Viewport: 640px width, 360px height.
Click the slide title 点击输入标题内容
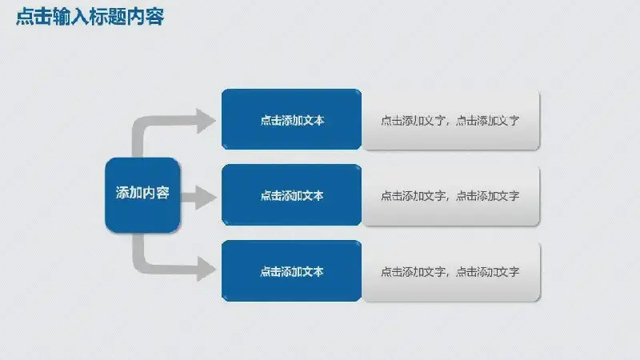click(x=90, y=17)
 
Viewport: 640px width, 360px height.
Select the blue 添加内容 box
click(x=142, y=195)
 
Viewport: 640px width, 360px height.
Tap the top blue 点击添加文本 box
click(x=291, y=119)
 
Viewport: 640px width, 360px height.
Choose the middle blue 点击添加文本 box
click(x=291, y=194)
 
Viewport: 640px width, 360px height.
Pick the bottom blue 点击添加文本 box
click(x=291, y=271)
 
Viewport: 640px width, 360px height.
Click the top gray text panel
click(x=450, y=120)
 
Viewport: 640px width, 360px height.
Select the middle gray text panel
click(x=450, y=195)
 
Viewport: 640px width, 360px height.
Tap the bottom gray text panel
click(x=450, y=272)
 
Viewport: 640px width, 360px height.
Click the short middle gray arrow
click(x=198, y=198)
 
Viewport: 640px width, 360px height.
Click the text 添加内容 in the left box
click(x=142, y=193)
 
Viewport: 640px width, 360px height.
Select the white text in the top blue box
click(x=292, y=121)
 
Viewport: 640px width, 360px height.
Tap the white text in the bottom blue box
click(x=292, y=272)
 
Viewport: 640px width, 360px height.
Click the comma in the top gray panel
click(x=449, y=123)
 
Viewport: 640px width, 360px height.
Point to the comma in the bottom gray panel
click(x=449, y=274)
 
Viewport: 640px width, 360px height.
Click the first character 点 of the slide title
click(x=25, y=17)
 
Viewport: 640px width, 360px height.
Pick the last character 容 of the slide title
click(x=155, y=17)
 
